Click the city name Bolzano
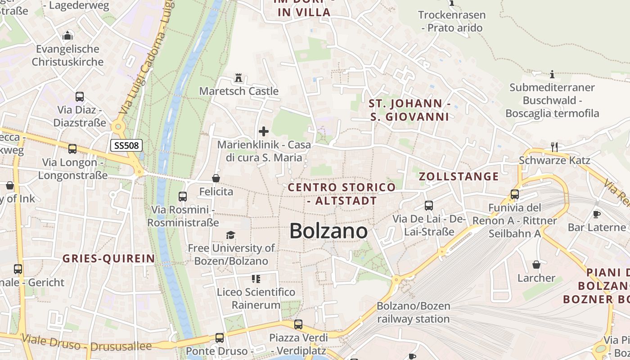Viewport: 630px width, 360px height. point(328,231)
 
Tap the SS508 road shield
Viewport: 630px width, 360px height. point(126,145)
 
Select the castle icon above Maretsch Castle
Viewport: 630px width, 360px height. point(238,78)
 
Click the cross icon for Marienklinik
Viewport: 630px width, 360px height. point(264,131)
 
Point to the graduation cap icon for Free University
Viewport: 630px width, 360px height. point(231,235)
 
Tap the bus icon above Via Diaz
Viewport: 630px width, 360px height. point(80,97)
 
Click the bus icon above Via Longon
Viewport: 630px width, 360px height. point(72,149)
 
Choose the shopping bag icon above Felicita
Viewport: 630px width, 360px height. point(216,179)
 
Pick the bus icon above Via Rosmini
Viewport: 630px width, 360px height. point(183,197)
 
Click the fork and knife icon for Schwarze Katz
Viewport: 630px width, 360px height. point(554,147)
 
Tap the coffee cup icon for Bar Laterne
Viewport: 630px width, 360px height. point(597,214)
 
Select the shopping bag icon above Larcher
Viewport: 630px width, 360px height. point(536,265)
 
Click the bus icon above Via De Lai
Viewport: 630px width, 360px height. point(428,206)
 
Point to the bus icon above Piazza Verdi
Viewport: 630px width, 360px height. point(298,324)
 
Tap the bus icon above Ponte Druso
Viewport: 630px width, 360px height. point(219,337)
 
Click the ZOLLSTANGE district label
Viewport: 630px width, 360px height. point(459,176)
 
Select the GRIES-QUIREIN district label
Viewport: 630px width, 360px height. point(108,259)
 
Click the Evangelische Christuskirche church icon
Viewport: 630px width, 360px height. point(67,36)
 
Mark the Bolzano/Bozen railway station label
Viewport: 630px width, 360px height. point(413,313)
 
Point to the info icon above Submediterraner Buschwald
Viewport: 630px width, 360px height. point(552,74)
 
